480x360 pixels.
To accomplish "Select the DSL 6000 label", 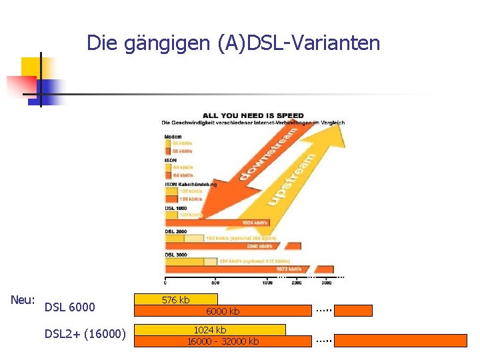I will coord(69,307).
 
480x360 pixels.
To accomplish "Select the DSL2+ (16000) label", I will coord(85,334).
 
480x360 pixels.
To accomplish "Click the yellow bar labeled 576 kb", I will coord(176,299).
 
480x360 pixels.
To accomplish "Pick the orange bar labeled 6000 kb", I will coord(223,311).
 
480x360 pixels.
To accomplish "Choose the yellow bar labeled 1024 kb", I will coord(210,329).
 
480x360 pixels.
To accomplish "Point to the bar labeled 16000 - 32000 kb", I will coord(223,341).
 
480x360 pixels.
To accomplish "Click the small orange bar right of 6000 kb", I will coord(353,310).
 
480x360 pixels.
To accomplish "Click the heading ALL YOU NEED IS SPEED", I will coord(253,115).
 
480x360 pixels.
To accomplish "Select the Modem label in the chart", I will coord(173,137).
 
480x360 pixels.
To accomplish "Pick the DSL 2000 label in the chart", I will coord(176,231).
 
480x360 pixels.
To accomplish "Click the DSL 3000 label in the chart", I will coord(176,255).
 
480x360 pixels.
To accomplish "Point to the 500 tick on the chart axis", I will coord(215,283).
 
